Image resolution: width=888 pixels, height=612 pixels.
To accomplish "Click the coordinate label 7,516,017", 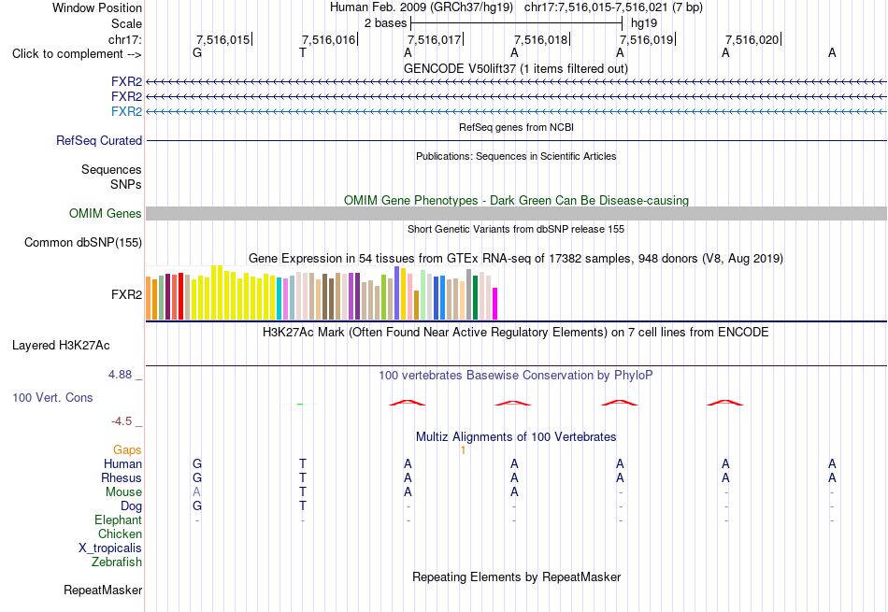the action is (435, 39).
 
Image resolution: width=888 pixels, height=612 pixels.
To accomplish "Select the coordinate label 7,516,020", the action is (752, 39).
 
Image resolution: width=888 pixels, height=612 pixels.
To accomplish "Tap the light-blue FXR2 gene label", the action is (127, 111).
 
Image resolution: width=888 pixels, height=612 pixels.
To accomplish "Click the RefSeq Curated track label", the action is (99, 140).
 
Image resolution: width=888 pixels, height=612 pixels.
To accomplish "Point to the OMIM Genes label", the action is (106, 213).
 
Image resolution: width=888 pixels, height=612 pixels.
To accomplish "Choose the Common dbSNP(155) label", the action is (83, 242).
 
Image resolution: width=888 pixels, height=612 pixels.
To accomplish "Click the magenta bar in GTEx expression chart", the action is (495, 304).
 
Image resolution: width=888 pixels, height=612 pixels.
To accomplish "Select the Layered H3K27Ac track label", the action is (61, 346).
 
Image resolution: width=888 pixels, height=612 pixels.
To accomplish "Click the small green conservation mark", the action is (300, 404).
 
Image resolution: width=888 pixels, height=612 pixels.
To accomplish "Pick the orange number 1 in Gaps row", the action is (463, 450).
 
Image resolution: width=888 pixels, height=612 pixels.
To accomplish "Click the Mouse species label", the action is (123, 492).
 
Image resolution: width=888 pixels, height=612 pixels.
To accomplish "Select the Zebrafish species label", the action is (117, 562).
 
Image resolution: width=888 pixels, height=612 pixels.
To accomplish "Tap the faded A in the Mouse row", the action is (196, 492).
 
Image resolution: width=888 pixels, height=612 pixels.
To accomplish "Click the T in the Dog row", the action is (303, 506).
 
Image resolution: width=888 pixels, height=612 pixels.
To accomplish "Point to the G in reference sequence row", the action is (197, 53).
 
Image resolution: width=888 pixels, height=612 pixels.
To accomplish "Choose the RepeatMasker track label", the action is (103, 590).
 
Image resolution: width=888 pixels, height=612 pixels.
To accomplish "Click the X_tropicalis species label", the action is (110, 548).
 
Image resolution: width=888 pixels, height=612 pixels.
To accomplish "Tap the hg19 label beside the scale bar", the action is (644, 23).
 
